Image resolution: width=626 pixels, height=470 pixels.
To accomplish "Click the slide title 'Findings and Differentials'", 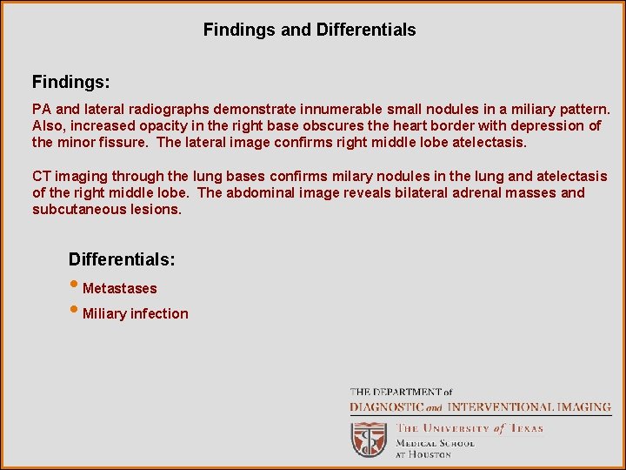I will (x=310, y=30).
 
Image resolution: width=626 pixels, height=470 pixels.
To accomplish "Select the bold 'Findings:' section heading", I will (x=71, y=83).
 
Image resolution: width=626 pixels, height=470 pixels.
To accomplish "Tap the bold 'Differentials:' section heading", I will (x=122, y=259).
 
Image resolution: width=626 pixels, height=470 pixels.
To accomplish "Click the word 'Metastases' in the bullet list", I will (x=120, y=288).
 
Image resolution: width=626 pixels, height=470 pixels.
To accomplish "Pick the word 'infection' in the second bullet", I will (x=159, y=314).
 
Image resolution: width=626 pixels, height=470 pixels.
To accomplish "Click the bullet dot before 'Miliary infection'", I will (x=74, y=311).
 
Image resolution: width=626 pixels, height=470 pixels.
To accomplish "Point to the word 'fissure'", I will (x=127, y=142).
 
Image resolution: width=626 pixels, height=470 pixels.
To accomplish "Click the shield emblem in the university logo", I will (x=369, y=440).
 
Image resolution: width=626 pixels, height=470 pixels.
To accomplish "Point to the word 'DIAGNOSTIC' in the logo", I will (x=387, y=407).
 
